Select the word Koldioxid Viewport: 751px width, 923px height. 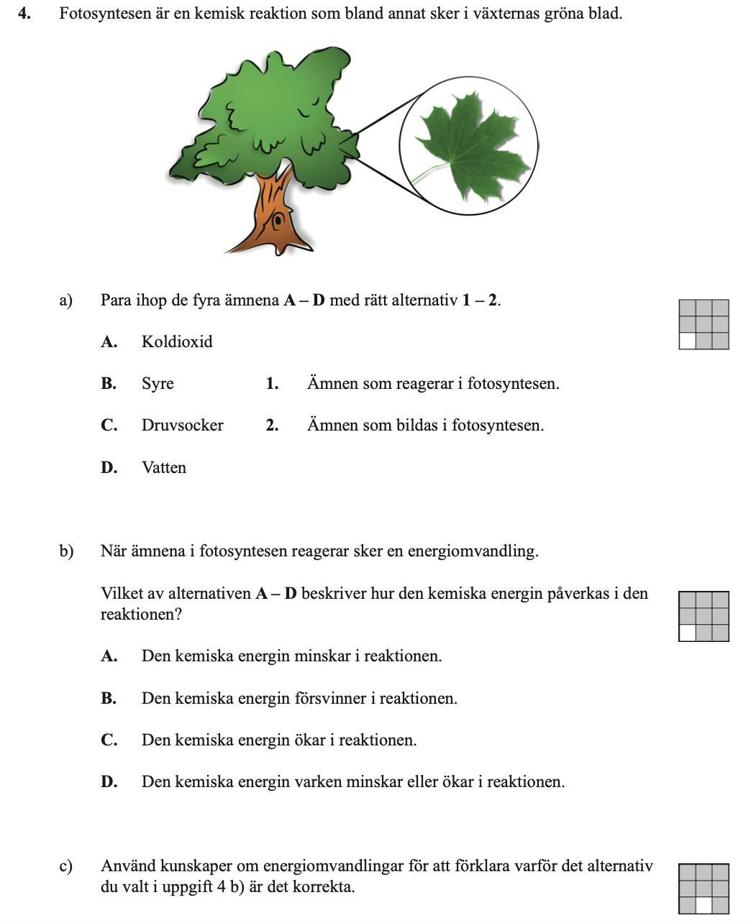coord(177,342)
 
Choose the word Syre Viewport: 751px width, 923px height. coord(158,384)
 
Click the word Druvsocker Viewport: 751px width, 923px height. coord(182,426)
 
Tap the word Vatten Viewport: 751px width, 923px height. coord(164,468)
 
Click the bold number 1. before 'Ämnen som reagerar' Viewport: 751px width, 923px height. coord(272,384)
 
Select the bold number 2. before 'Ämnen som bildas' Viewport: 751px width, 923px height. coord(272,426)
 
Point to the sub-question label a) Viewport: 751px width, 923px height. coord(66,300)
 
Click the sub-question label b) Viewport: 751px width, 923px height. coord(66,552)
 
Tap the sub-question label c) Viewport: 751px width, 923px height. coord(66,867)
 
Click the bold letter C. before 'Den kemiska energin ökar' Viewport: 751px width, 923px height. coord(109,740)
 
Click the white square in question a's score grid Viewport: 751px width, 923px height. coord(688,341)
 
